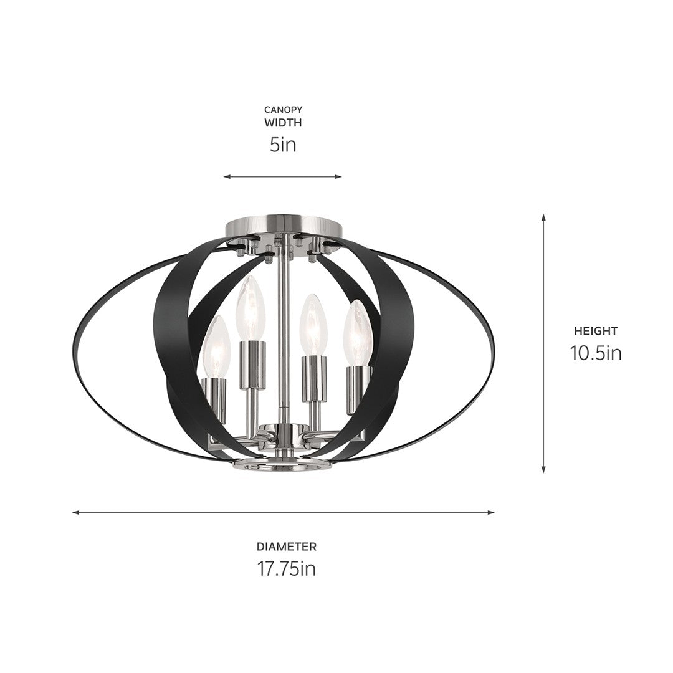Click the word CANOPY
coord(282,110)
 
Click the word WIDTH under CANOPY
coord(282,123)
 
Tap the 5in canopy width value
coord(282,145)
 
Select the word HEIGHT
coord(596,332)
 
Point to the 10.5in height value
coord(596,353)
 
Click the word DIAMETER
coord(287,547)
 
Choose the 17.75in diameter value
coord(287,568)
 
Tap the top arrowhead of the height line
coord(544,217)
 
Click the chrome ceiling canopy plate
coord(283,223)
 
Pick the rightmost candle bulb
coord(358,333)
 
